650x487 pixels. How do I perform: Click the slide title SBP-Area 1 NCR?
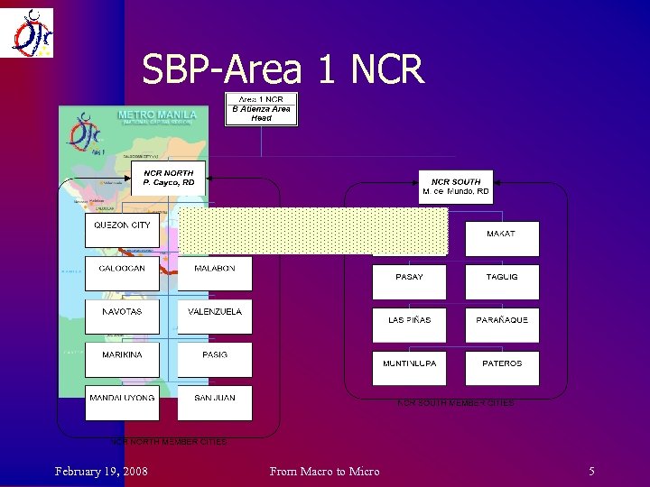283,69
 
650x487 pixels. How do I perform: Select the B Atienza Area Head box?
261,109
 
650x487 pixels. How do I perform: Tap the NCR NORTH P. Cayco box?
169,178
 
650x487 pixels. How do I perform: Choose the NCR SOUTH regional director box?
456,187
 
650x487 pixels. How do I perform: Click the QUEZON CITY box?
122,230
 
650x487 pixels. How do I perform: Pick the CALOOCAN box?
122,273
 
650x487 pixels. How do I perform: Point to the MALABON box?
215,273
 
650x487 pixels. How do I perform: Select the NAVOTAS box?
122,317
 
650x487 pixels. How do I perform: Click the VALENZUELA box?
215,317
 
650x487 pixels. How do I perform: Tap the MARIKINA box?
122,360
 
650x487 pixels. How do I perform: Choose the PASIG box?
215,360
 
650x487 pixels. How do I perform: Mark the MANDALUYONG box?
122,402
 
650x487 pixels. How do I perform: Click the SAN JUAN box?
215,402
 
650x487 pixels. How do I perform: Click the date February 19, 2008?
101,471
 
